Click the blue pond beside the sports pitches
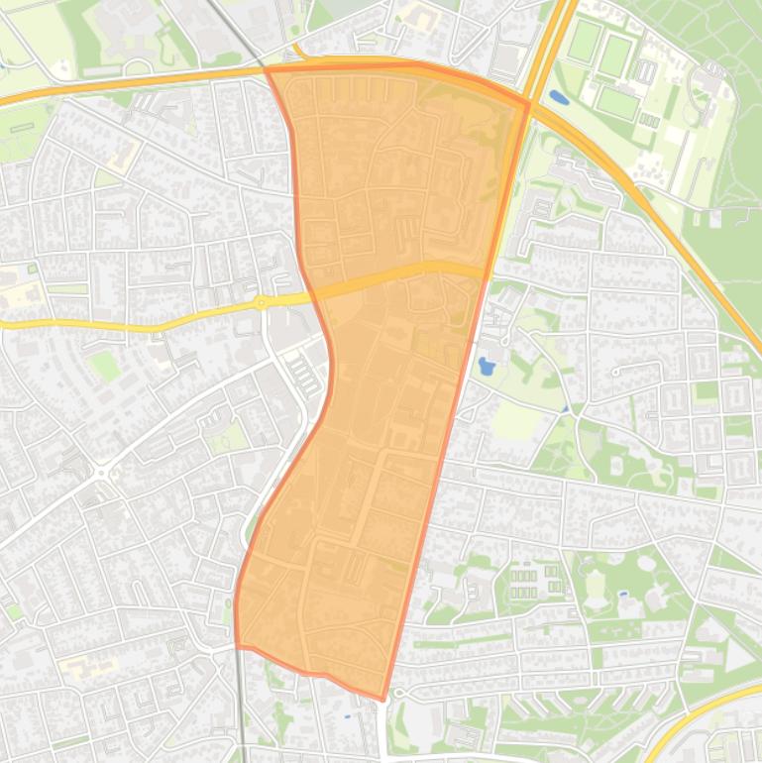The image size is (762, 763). [557, 98]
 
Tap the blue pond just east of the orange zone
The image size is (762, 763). [486, 367]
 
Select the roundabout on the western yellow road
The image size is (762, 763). [261, 303]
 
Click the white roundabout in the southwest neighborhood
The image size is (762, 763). [101, 474]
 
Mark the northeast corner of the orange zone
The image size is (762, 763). [529, 102]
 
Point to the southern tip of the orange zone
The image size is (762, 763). [383, 700]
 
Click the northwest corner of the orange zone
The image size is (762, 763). [267, 69]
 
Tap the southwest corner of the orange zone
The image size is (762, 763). [237, 645]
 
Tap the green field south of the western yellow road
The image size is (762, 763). [104, 366]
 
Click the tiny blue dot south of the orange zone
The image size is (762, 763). [347, 716]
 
